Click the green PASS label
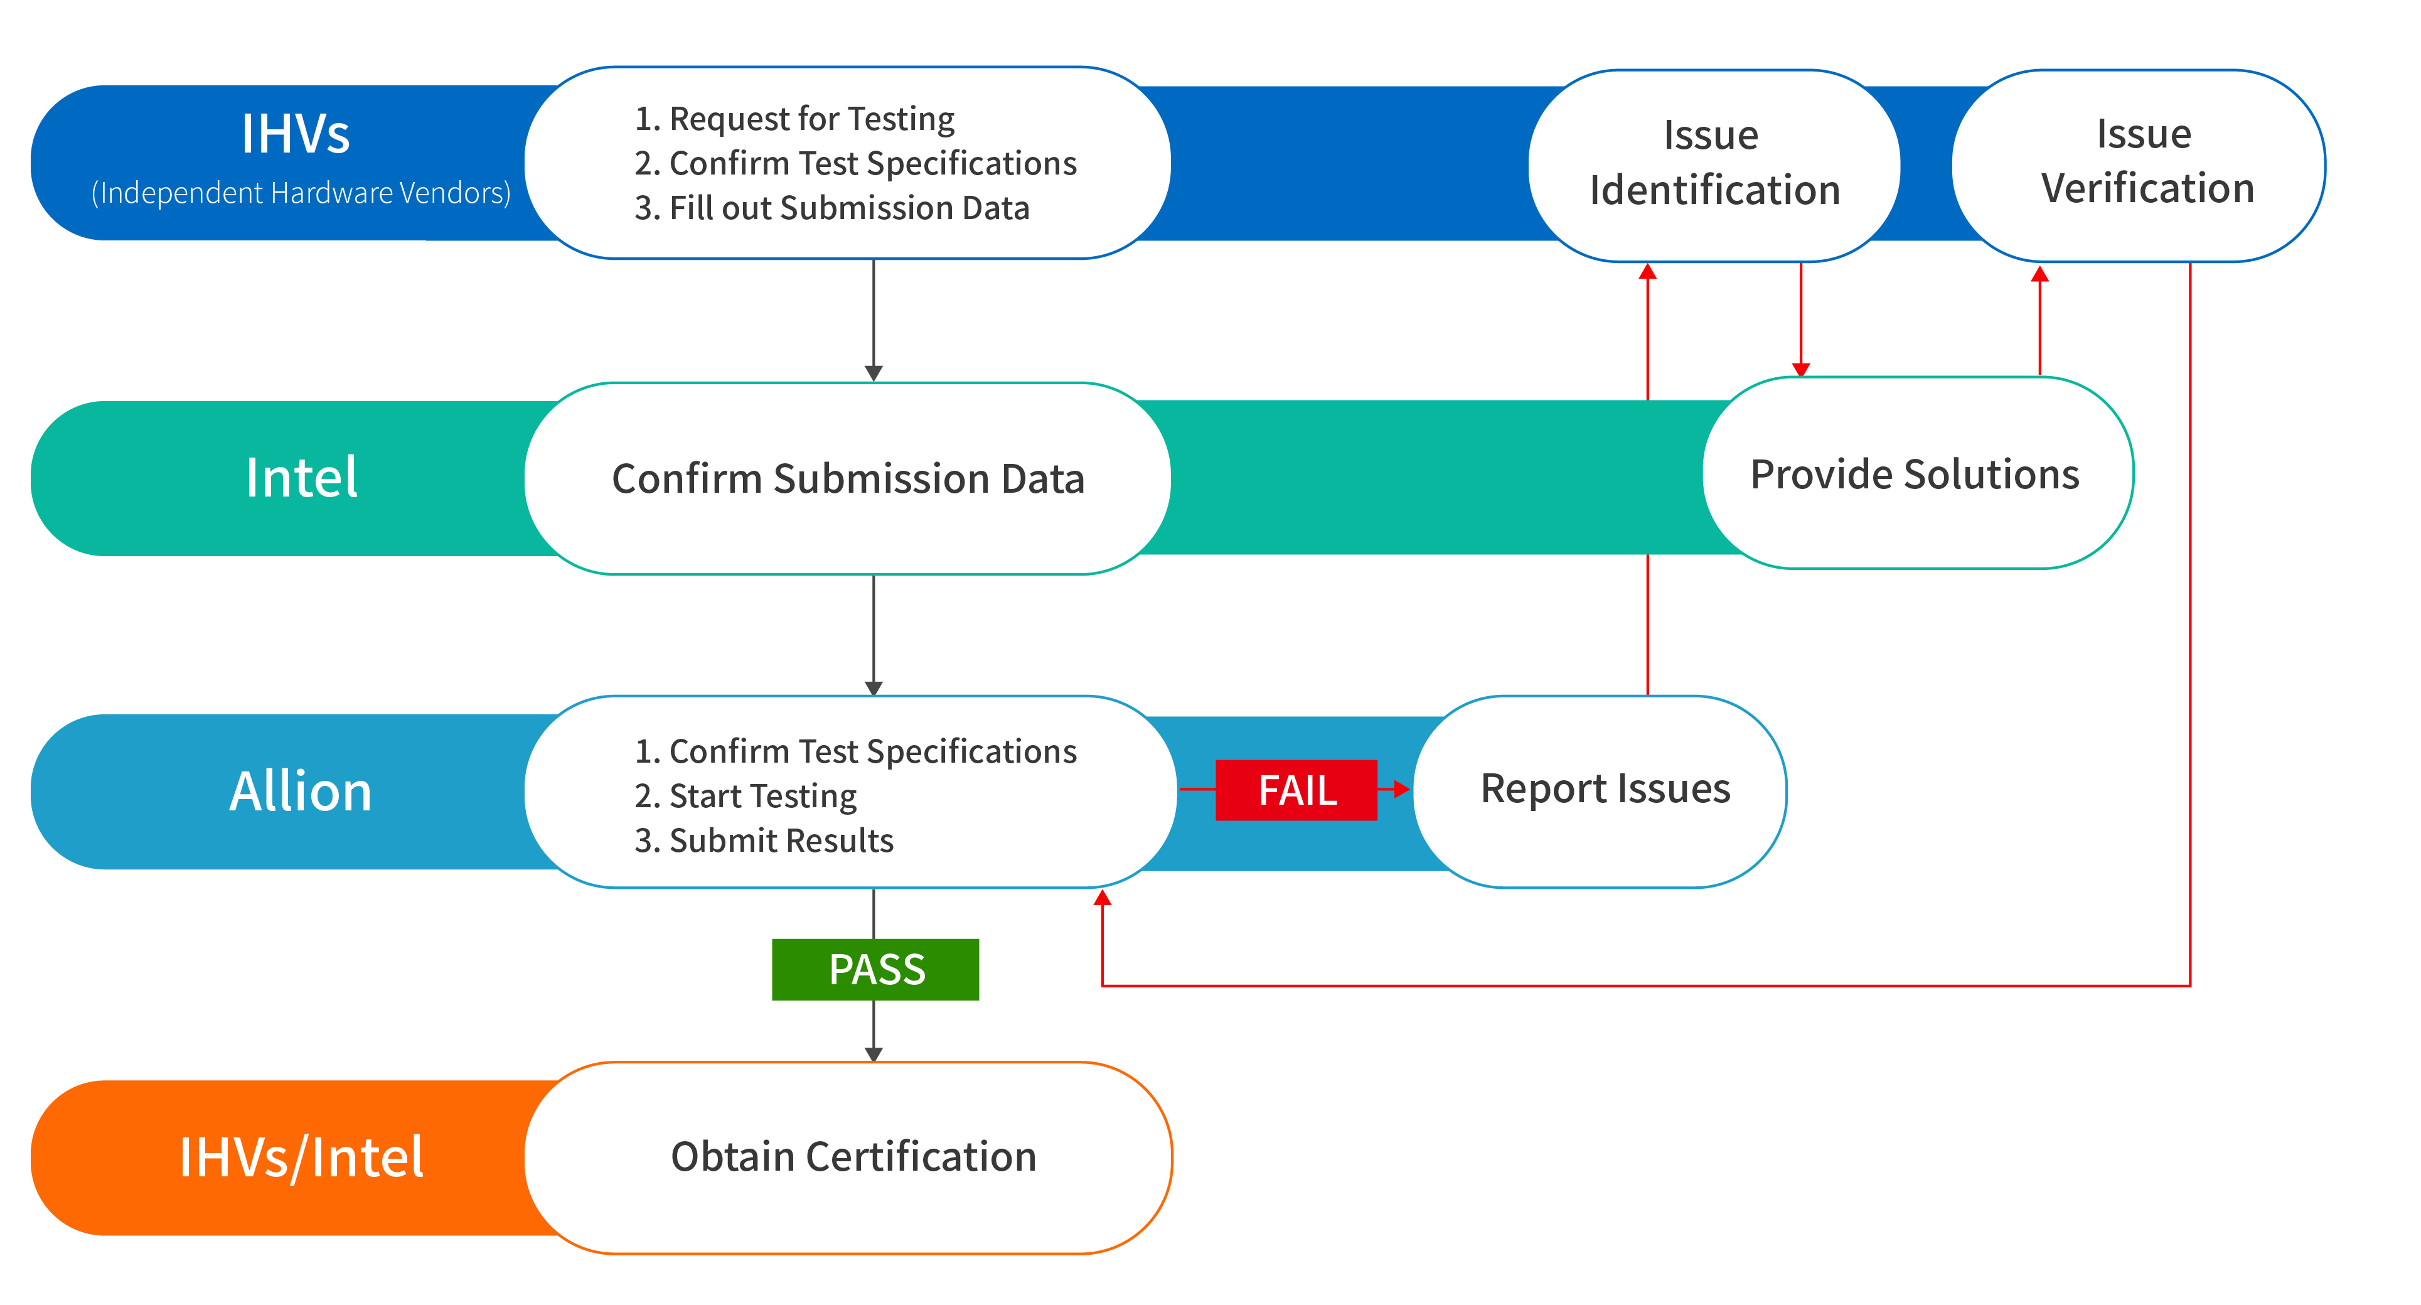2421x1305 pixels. [x=875, y=969]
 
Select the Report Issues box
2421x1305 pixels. [x=1600, y=792]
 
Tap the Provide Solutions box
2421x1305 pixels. [x=1917, y=473]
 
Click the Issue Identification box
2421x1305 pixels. [x=1714, y=166]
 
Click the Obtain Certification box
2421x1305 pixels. [x=848, y=1157]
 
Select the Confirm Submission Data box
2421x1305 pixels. [x=848, y=478]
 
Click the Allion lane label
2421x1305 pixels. [x=301, y=792]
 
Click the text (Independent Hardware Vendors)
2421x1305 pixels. [x=301, y=193]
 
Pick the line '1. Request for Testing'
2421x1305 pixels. [x=794, y=119]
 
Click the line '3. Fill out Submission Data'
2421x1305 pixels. [x=831, y=208]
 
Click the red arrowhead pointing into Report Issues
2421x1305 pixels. [x=1403, y=790]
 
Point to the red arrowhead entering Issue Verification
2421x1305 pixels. [x=2039, y=274]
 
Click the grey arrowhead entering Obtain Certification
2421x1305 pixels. [x=874, y=1055]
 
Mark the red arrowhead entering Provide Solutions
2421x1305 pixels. [x=1801, y=370]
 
